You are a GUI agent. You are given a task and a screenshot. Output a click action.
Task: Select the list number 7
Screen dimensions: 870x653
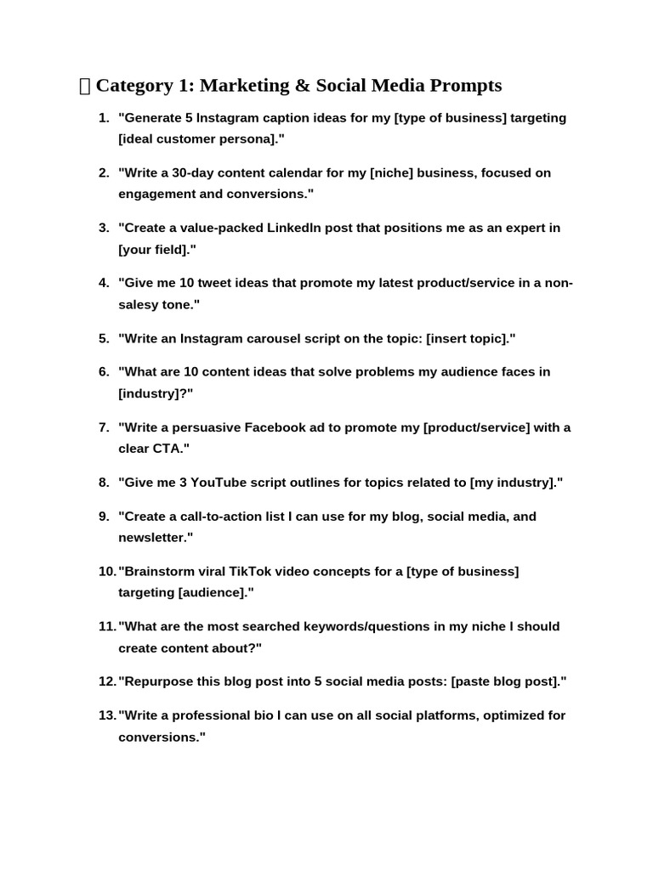[x=104, y=427]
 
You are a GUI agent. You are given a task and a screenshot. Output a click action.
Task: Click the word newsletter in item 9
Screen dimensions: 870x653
[x=153, y=538]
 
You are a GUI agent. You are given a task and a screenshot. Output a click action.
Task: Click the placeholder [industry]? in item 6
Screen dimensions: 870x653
[x=156, y=394]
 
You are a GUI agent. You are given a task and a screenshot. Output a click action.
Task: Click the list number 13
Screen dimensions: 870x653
[x=106, y=715]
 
